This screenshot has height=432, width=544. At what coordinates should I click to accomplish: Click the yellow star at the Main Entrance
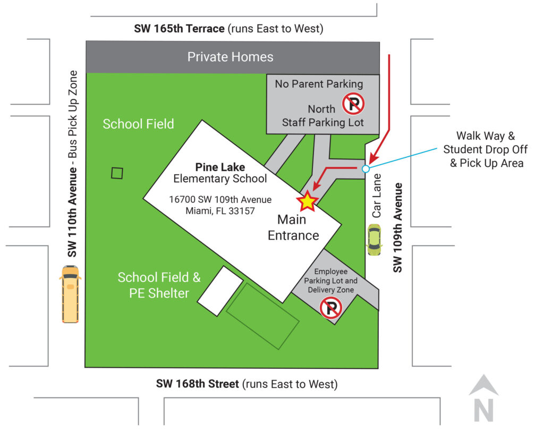(x=308, y=201)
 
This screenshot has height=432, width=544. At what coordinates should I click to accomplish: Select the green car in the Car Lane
(x=374, y=239)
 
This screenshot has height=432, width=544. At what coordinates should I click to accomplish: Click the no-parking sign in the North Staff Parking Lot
(x=353, y=104)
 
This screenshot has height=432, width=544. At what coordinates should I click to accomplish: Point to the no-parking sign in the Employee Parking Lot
(x=330, y=308)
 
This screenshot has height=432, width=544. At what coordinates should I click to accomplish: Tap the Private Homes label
(x=230, y=57)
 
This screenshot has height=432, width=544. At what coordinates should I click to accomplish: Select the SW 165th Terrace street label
(x=179, y=29)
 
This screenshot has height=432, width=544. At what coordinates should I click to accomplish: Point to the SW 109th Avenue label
(x=397, y=227)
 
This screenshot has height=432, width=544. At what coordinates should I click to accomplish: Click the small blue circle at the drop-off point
(x=365, y=169)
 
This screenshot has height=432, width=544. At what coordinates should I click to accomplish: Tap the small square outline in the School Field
(x=117, y=173)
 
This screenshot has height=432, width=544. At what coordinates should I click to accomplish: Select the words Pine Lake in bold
(x=220, y=167)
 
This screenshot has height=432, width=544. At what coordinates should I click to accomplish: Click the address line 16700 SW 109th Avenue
(x=220, y=200)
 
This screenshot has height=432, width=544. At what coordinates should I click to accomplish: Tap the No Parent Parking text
(x=319, y=84)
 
